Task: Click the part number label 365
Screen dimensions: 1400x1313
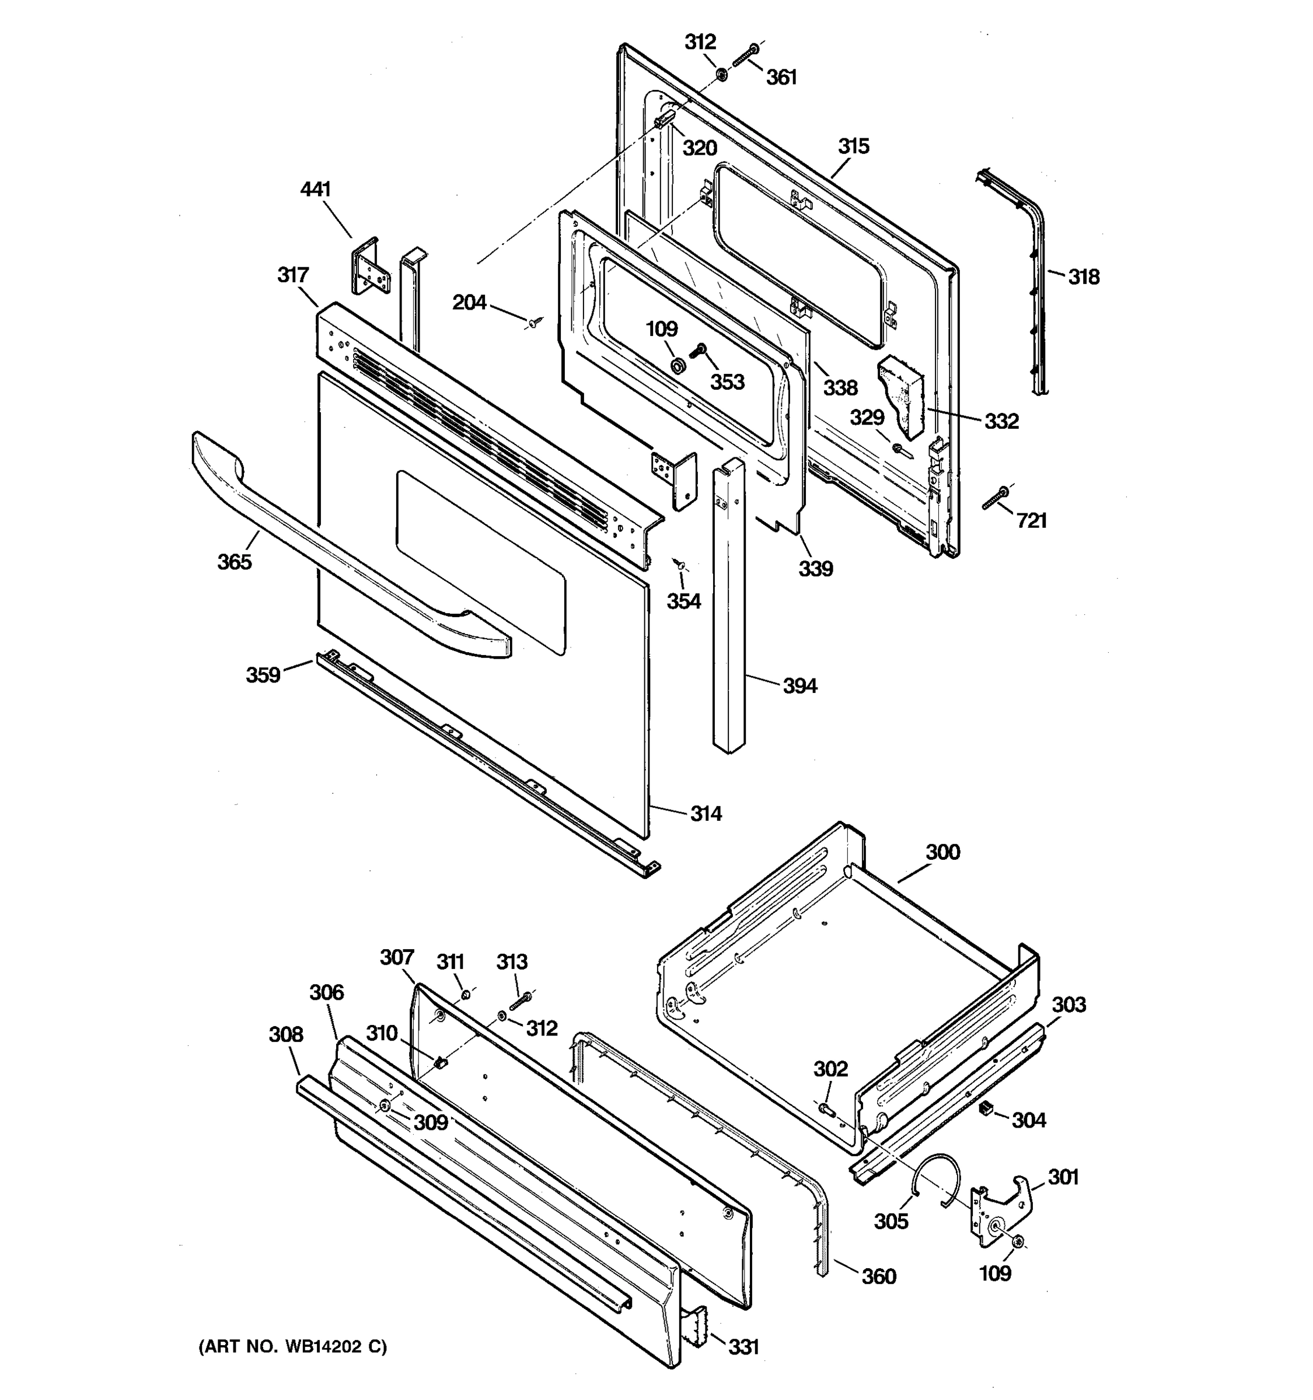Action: pyautogui.click(x=234, y=562)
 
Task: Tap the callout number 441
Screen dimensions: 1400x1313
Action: pyautogui.click(x=315, y=190)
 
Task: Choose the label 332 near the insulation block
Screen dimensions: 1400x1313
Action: pyautogui.click(x=1001, y=421)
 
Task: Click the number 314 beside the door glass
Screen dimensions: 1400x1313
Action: pyautogui.click(x=705, y=814)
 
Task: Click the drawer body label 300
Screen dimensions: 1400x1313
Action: pyautogui.click(x=942, y=852)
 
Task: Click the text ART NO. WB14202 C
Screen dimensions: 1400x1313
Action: pyautogui.click(x=292, y=1347)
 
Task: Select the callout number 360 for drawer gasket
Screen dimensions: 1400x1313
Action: pyautogui.click(x=878, y=1277)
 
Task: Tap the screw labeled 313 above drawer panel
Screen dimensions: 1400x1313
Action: pyautogui.click(x=521, y=999)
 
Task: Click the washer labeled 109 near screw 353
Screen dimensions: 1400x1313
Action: pyautogui.click(x=678, y=366)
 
